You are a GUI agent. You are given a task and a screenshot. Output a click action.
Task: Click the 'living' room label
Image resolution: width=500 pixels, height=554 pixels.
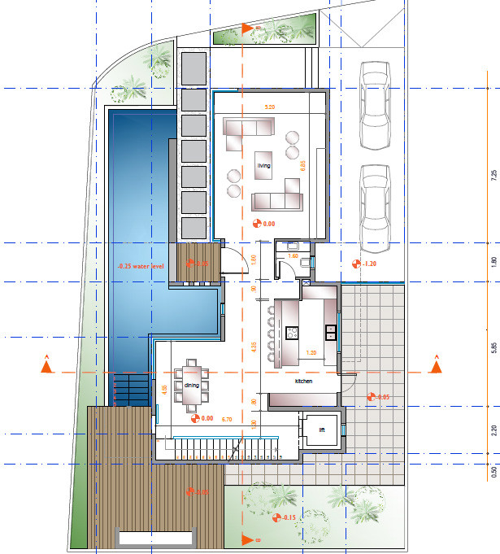pyautogui.click(x=263, y=165)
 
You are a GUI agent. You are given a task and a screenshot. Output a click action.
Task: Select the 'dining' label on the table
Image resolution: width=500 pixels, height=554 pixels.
pyautogui.click(x=192, y=385)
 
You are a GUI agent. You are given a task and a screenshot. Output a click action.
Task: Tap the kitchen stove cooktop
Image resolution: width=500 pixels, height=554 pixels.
pyautogui.click(x=293, y=332)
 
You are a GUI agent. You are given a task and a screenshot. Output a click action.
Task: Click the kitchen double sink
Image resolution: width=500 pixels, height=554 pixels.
pyautogui.click(x=331, y=332)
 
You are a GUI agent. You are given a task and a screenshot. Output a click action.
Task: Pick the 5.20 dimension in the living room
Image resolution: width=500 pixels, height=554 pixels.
pyautogui.click(x=269, y=107)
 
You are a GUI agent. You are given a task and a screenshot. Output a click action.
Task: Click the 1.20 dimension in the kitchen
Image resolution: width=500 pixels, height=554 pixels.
pyautogui.click(x=310, y=353)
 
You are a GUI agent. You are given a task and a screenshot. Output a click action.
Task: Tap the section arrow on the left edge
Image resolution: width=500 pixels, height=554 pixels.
pyautogui.click(x=47, y=368)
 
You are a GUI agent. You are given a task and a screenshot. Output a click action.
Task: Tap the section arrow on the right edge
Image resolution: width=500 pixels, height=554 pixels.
pyautogui.click(x=436, y=367)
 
